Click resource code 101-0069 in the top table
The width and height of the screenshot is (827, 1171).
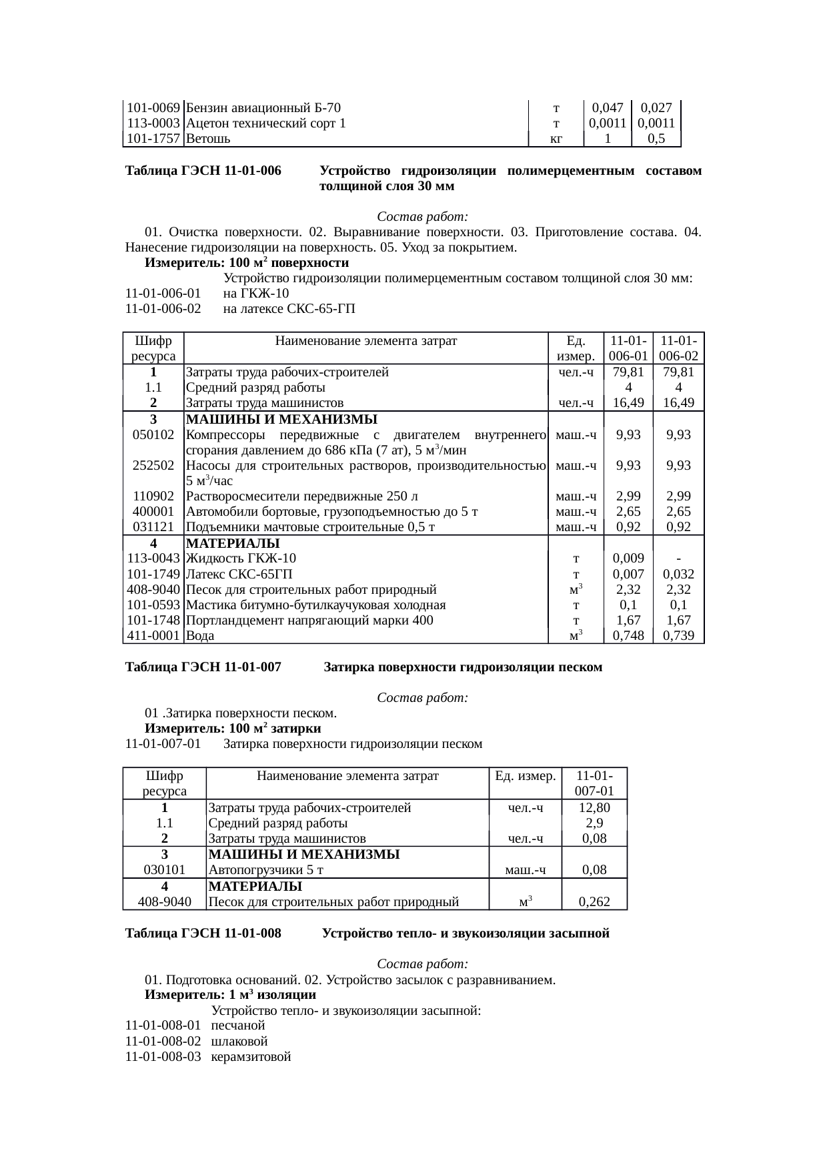153,107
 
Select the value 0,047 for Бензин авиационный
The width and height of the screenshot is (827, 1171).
607,107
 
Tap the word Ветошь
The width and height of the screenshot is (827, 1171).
208,139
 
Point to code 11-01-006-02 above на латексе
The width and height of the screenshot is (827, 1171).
163,309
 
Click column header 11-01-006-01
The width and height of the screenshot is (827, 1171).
628,348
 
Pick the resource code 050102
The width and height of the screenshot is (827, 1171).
153,435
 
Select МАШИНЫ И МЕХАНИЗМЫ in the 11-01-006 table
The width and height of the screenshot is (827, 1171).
281,420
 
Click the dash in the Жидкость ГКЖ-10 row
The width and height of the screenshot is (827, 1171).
678,558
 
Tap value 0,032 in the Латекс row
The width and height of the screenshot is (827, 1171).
678,574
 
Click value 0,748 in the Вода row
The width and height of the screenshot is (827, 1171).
628,636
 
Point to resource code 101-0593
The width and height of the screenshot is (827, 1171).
153,605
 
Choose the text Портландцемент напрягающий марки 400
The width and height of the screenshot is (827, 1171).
309,621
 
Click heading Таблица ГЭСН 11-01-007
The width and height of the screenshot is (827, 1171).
203,667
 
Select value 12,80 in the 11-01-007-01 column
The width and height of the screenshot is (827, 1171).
594,808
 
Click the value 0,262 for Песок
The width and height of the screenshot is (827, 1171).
594,902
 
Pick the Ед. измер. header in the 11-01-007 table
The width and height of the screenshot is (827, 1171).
525,776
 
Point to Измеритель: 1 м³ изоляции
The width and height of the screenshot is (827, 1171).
230,995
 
